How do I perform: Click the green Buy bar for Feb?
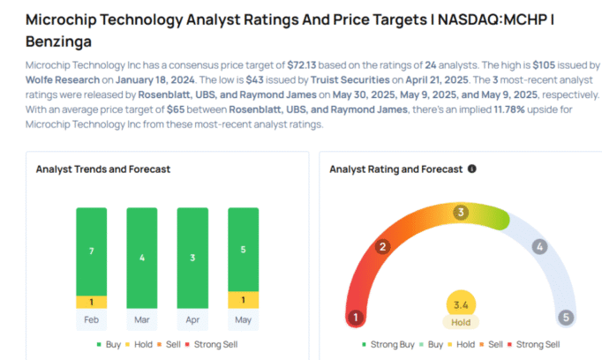pyautogui.click(x=91, y=251)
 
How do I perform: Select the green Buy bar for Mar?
pyautogui.click(x=141, y=258)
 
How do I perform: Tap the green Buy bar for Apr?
pyautogui.click(x=192, y=258)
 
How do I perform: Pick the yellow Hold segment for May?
pyautogui.click(x=243, y=300)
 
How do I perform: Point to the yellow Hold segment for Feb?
pyautogui.click(x=91, y=302)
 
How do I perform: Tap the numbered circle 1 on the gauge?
pyautogui.click(x=356, y=318)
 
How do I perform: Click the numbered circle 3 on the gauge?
pyautogui.click(x=460, y=213)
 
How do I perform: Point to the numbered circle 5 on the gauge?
pyautogui.click(x=565, y=318)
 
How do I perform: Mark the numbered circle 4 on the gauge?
pyautogui.click(x=539, y=247)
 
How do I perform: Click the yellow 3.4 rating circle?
pyautogui.click(x=460, y=304)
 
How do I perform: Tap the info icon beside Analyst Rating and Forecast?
pyautogui.click(x=472, y=169)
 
